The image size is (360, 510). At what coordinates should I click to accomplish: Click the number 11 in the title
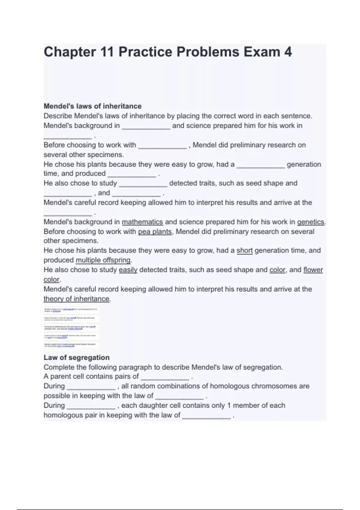pos(107,52)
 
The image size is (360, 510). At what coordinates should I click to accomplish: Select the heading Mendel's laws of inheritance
pos(92,106)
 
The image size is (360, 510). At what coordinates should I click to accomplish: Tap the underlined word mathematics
pos(142,222)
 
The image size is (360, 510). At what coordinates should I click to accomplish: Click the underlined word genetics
pos(311,222)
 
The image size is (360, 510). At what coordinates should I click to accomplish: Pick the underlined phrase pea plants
pos(155,232)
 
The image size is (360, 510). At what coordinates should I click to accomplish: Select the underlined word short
pos(244,250)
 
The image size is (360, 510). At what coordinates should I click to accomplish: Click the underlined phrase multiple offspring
pos(103,260)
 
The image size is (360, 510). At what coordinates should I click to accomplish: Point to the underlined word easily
pos(128,270)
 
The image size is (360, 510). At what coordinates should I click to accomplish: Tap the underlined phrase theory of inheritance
pos(76,299)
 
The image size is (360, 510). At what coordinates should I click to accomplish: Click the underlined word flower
pos(313,270)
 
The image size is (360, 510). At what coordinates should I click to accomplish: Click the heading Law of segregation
pos(76,358)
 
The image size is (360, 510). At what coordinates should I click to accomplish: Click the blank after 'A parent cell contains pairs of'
pos(165,377)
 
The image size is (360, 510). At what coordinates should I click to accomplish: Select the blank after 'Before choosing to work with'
pos(162,146)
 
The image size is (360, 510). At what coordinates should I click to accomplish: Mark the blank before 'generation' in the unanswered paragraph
pos(261,165)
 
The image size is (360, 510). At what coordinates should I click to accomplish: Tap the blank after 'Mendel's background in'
pos(146,127)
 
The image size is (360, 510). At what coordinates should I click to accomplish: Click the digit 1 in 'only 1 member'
pos(229,406)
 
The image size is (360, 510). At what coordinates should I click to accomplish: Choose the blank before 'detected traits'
pos(143,184)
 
